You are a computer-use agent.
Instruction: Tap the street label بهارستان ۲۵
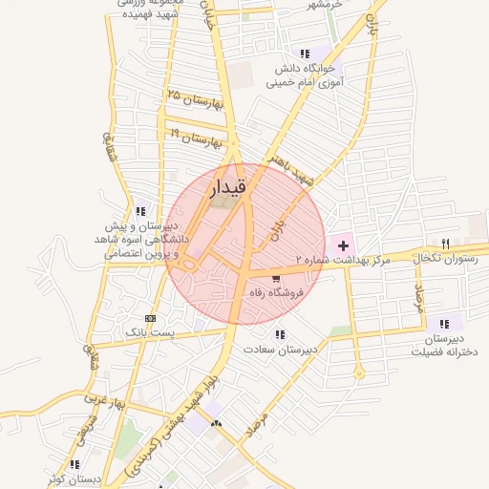coord(194,99)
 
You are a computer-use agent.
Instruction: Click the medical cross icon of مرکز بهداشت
coord(343,246)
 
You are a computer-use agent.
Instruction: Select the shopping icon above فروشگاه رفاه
coord(276,279)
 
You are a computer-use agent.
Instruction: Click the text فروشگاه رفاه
coord(274,293)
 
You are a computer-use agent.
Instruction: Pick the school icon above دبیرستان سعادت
coord(280,334)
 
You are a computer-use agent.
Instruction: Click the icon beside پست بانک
coord(150,317)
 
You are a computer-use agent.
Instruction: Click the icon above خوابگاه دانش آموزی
coord(304,53)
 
